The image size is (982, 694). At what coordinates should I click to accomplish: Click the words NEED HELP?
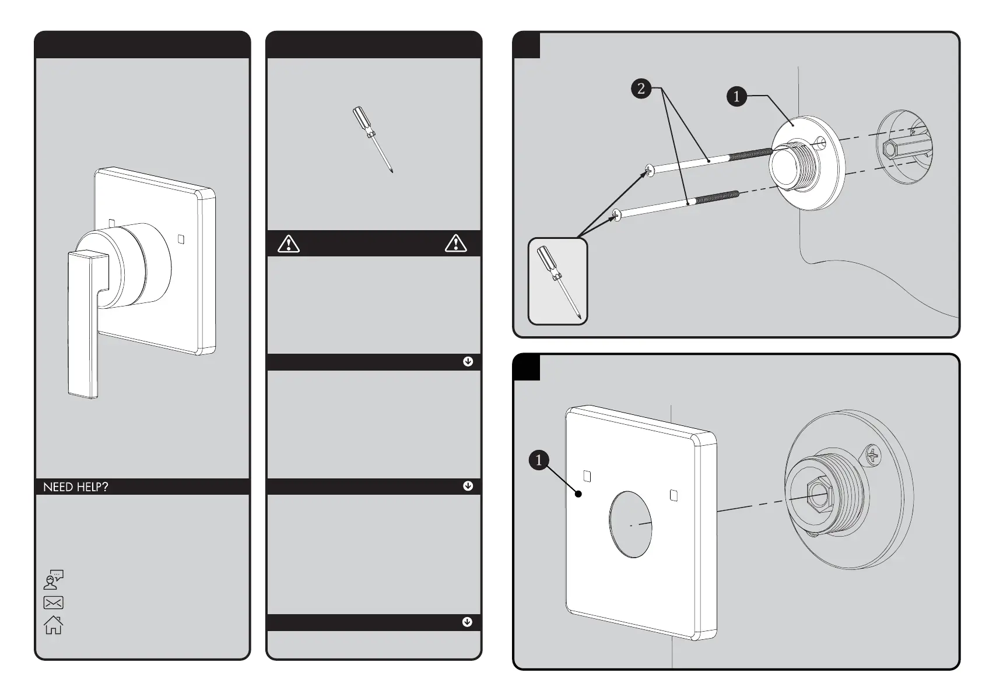point(76,487)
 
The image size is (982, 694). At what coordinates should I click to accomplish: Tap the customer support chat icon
point(54,579)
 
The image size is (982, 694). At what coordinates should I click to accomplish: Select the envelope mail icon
point(53,603)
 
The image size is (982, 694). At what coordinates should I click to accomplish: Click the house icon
point(53,625)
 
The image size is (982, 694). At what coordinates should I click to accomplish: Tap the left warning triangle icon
point(289,244)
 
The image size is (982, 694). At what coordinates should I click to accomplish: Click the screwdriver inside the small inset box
point(558,281)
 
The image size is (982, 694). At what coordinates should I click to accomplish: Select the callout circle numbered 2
point(641,89)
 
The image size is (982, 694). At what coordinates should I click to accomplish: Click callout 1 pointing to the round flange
point(737,96)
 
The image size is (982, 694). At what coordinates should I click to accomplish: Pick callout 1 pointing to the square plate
point(539,460)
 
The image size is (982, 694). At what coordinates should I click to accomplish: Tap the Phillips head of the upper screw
point(650,170)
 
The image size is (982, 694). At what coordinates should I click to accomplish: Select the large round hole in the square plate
point(631,524)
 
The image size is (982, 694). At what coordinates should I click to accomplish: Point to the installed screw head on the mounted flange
point(872,456)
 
